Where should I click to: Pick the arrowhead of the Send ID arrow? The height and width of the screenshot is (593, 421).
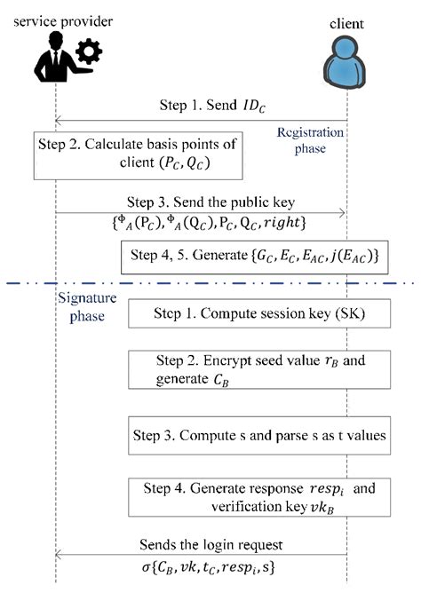point(60,120)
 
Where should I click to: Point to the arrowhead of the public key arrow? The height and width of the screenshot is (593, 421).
point(341,211)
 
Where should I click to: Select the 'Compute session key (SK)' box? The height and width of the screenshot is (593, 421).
point(260,315)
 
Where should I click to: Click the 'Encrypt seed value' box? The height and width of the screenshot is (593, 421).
point(260,369)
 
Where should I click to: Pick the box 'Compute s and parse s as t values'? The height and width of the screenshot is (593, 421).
point(260,436)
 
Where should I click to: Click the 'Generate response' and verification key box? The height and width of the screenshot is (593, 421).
point(260,496)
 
